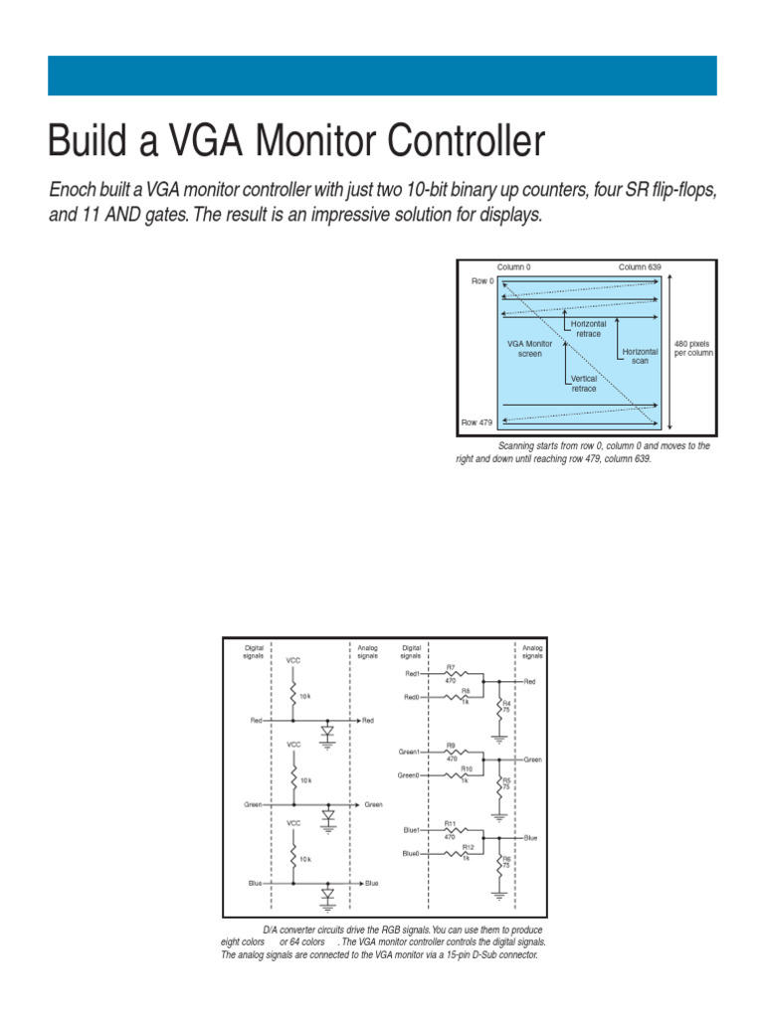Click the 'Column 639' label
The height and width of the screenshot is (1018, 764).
pos(639,267)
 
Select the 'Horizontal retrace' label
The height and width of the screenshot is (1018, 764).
pos(588,329)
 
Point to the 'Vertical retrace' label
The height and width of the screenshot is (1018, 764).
pos(584,383)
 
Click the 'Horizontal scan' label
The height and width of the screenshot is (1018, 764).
pos(640,356)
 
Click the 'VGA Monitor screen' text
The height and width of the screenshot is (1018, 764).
pos(529,348)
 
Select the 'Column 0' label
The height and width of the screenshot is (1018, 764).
pos(513,267)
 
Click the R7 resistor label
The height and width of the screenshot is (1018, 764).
pos(451,667)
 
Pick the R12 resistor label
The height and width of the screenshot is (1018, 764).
pos(468,847)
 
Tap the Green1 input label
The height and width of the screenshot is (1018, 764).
pos(410,752)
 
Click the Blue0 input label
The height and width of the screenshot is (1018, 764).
pos(411,854)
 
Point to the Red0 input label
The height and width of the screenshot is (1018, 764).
pos(411,697)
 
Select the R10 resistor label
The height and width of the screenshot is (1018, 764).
pos(467,768)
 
